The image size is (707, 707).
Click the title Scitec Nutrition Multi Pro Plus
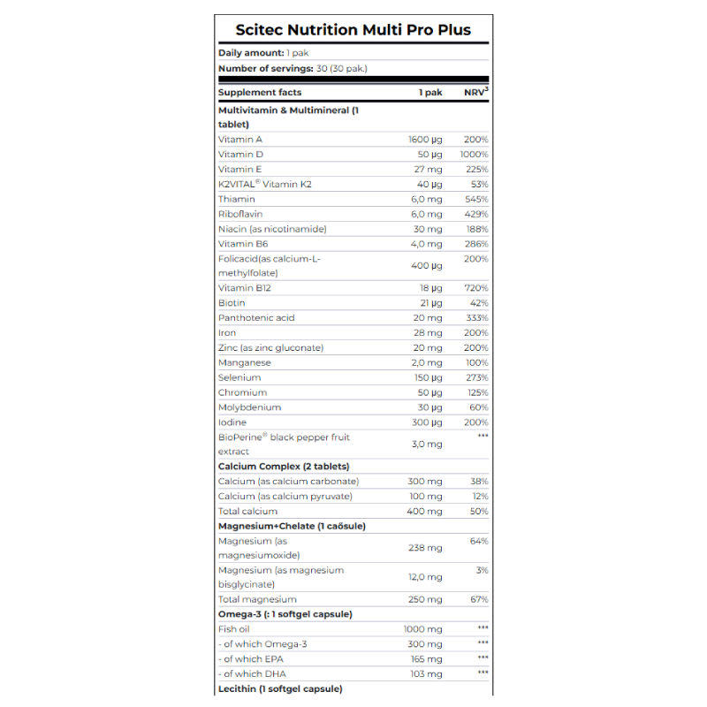click(353, 30)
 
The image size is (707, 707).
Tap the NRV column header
click(475, 92)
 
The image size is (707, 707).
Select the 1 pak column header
click(430, 92)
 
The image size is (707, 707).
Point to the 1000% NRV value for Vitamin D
click(474, 155)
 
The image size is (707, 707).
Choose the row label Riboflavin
click(240, 214)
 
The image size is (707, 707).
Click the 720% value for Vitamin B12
click(476, 288)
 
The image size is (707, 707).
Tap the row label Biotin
click(232, 303)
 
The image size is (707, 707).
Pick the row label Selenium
click(239, 377)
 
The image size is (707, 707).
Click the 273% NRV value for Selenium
click(476, 377)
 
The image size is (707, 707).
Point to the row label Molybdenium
click(249, 407)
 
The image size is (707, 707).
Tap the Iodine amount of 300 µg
click(427, 422)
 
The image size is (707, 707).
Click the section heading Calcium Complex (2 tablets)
click(284, 467)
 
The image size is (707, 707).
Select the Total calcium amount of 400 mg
click(425, 512)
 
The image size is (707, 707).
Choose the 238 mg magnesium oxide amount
click(425, 548)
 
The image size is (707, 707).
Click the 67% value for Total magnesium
click(479, 600)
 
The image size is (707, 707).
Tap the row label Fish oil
click(234, 629)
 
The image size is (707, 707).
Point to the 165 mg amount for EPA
click(426, 659)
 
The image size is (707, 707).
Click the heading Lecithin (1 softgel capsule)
click(280, 688)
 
